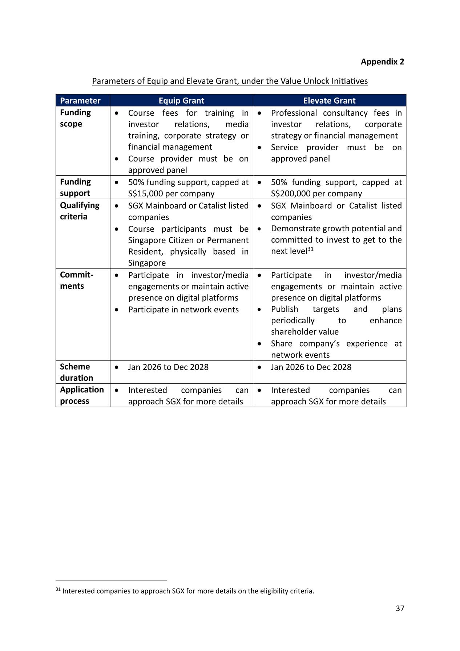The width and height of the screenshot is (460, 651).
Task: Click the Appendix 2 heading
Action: click(382, 62)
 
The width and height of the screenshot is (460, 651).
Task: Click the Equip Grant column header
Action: click(181, 101)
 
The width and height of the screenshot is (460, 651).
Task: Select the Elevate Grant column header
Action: click(329, 101)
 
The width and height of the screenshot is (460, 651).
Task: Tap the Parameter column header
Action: click(80, 101)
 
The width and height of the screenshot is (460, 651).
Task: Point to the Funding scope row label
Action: click(75, 118)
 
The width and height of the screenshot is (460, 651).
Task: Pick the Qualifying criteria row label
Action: click(79, 211)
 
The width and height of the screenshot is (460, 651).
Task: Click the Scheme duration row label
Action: click(76, 372)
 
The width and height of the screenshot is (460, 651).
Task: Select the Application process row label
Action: click(82, 395)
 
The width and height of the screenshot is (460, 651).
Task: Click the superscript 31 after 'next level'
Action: click(310, 249)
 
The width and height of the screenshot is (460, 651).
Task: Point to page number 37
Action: click(400, 608)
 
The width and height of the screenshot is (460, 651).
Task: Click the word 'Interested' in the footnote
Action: click(79, 591)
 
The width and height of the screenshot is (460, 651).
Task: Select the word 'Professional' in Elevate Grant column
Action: click(294, 113)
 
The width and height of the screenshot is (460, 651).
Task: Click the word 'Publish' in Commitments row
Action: click(285, 309)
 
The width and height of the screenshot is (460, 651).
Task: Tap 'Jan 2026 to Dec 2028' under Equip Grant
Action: click(168, 367)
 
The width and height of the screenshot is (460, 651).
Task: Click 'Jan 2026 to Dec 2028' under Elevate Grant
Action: click(311, 367)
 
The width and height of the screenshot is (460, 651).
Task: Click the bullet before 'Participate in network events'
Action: click(116, 310)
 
